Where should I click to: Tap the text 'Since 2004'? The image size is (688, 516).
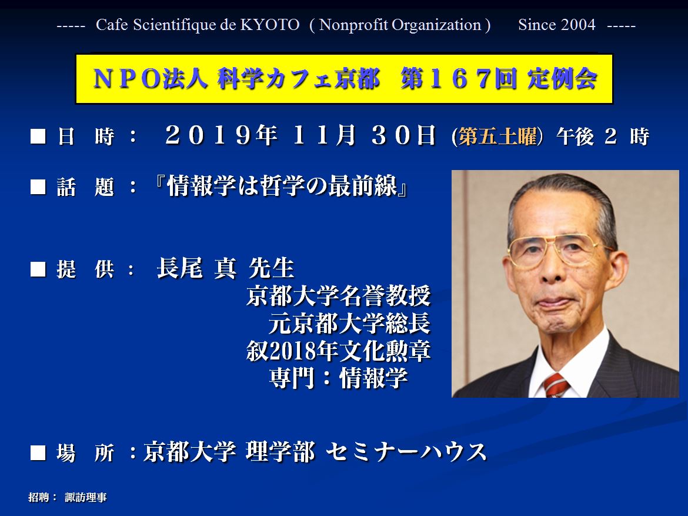556,25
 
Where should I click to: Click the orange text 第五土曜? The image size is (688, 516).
497,137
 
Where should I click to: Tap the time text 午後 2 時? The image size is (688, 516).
602,137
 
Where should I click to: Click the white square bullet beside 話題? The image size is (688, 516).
38,187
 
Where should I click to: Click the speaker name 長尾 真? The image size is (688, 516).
196,268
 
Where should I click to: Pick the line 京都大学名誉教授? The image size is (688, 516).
338,295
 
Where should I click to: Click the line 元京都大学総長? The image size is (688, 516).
350,323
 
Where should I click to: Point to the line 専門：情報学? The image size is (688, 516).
338,378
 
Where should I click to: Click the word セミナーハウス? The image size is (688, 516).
406,452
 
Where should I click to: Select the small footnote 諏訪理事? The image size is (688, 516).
86,498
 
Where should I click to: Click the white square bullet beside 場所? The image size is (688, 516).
38,452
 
